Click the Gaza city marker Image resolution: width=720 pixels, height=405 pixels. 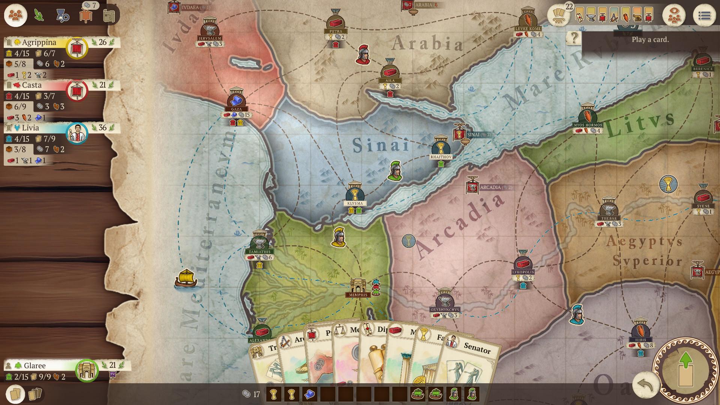point(236,100)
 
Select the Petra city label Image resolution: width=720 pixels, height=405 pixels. point(336,31)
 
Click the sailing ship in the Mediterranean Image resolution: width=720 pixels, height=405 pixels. point(186,280)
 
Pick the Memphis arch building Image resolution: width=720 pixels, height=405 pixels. point(358,286)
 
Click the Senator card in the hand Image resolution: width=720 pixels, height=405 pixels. point(472,360)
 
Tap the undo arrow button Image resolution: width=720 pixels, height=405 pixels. point(646,385)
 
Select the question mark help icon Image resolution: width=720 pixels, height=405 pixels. point(574,37)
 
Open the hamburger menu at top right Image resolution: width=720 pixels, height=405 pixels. point(704,16)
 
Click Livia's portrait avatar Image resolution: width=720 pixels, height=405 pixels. point(77,133)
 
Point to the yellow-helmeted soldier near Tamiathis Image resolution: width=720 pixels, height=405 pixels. point(339,237)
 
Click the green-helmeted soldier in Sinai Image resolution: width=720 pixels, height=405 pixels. point(395,171)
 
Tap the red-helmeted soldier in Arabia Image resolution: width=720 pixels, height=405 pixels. point(363,55)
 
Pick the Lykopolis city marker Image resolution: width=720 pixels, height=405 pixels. point(523,263)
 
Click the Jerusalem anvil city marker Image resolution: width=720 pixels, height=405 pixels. point(210,29)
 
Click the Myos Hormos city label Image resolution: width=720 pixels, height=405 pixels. point(588,125)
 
